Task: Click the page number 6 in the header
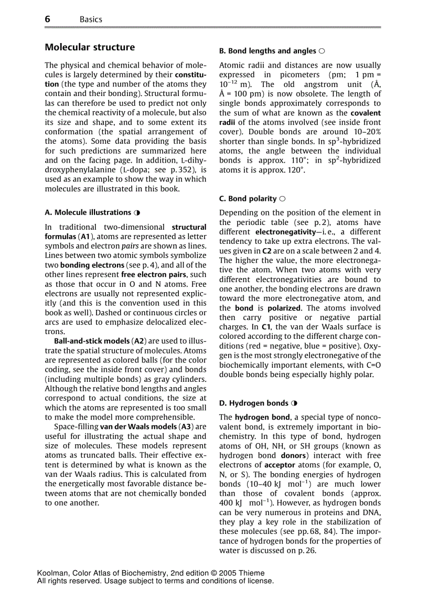pos(48,19)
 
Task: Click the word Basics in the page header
pos(91,19)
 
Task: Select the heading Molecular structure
pos(90,47)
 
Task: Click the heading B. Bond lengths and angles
pos(267,51)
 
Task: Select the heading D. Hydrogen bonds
pos(254,403)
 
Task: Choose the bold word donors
pos(293,455)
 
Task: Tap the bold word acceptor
pos(280,465)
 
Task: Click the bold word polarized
pos(284,308)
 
